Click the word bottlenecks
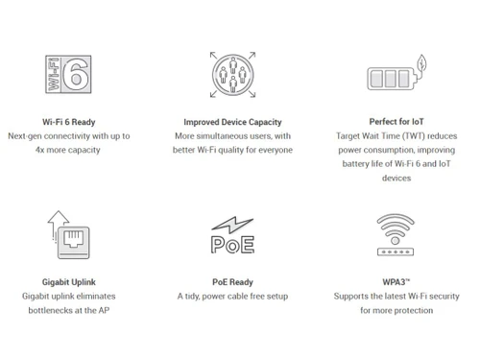click(x=50, y=311)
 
